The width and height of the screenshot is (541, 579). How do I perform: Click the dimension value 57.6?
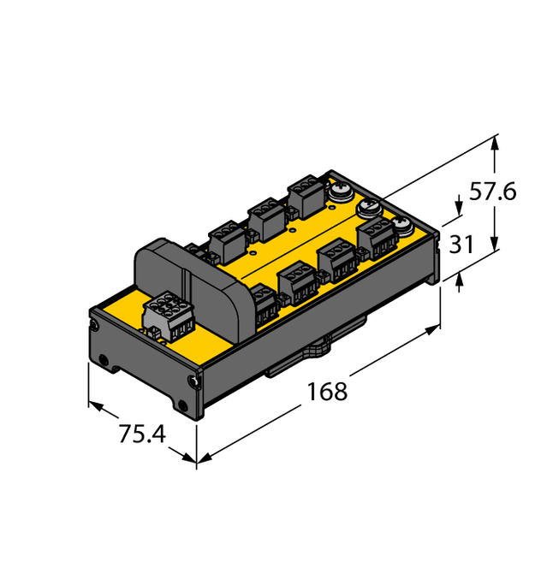[x=492, y=192]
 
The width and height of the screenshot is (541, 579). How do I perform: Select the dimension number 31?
[x=462, y=245]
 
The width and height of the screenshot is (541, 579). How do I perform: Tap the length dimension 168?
[x=327, y=392]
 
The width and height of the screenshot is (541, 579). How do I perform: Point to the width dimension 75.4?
[x=141, y=434]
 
